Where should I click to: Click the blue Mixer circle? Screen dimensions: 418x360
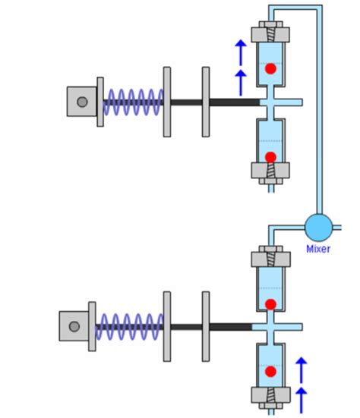point(318,226)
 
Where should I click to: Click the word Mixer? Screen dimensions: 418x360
point(318,248)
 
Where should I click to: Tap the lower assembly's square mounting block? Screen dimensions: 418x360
point(74,326)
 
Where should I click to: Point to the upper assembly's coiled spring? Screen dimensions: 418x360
point(133,102)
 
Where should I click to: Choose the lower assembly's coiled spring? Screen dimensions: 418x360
point(128,326)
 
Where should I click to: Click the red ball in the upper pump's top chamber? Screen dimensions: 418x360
point(270,69)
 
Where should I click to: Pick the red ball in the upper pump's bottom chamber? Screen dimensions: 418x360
point(270,157)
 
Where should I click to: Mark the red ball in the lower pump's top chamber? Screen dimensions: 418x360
point(270,303)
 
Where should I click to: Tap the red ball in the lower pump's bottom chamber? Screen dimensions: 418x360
point(270,372)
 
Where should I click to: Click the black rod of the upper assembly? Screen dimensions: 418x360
point(228,102)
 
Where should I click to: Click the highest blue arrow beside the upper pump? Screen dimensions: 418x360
point(241,52)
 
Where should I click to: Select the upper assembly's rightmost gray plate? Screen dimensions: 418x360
point(205,102)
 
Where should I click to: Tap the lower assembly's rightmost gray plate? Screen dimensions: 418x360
point(205,326)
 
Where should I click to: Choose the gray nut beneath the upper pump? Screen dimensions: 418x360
point(270,174)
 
